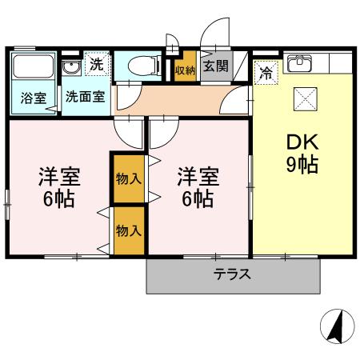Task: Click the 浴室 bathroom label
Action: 33,98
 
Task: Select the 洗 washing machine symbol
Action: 96,65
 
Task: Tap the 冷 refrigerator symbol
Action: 266,70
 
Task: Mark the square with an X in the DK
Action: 305,99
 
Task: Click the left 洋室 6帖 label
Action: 58,187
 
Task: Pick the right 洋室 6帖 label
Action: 195,187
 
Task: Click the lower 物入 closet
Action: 128,231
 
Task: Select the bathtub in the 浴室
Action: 33,68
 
